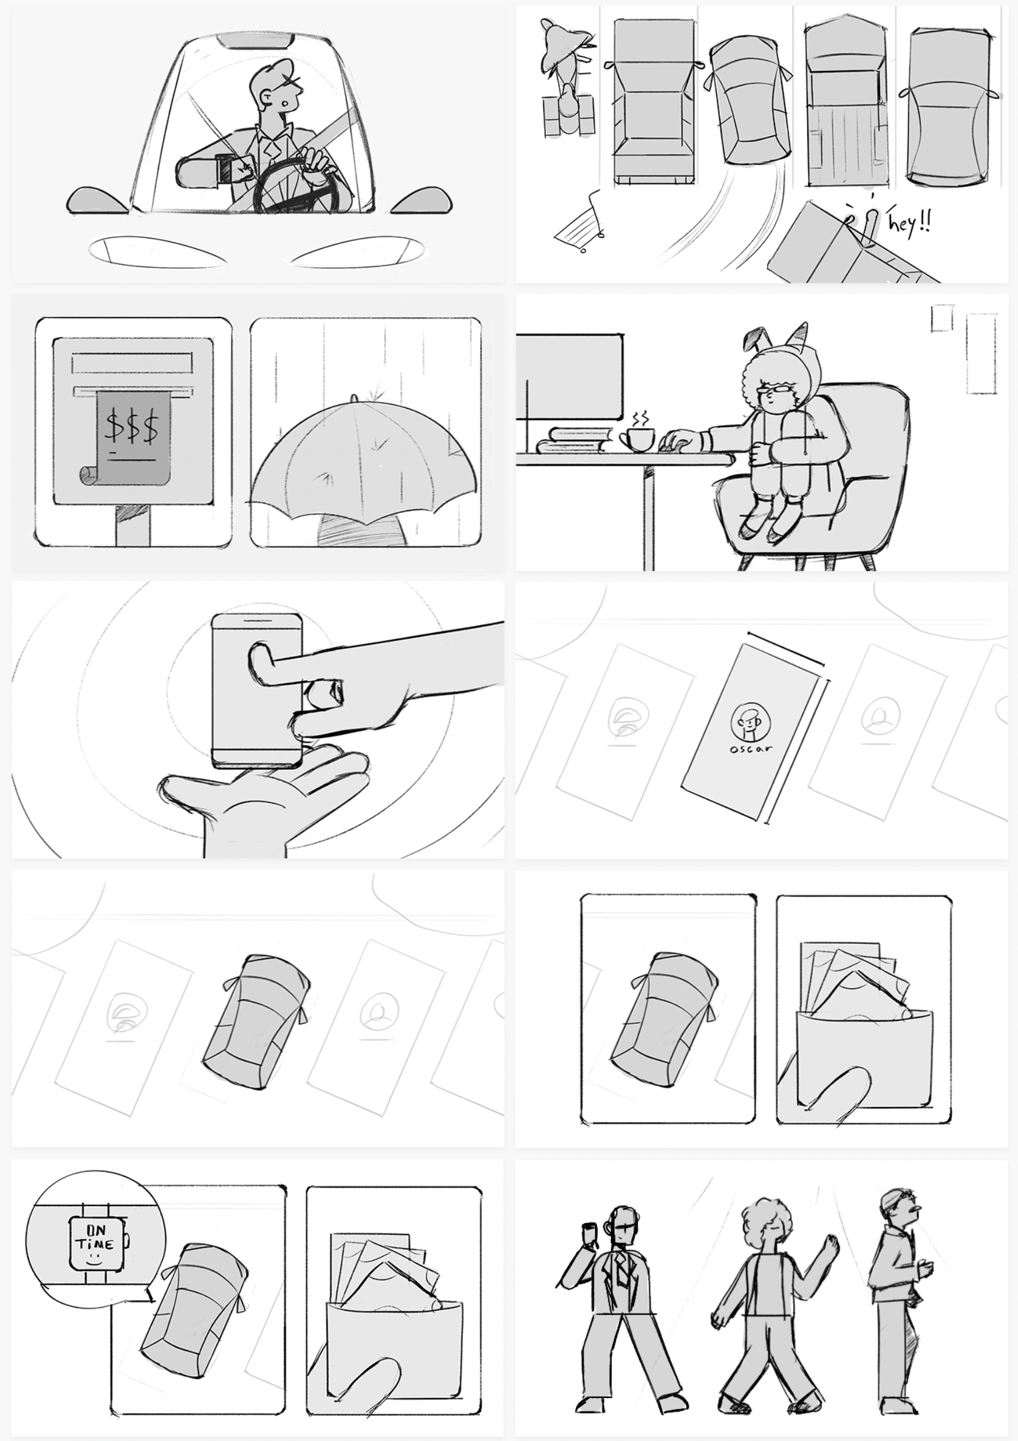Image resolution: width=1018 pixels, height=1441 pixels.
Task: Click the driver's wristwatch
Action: coord(224,169)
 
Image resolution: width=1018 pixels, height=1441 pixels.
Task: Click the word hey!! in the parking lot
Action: coord(909,222)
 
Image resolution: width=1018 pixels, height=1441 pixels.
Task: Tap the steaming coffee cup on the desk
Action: coord(636,439)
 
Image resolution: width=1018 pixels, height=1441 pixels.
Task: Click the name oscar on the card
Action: coord(751,748)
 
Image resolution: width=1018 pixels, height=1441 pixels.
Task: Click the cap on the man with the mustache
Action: coord(894,1198)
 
